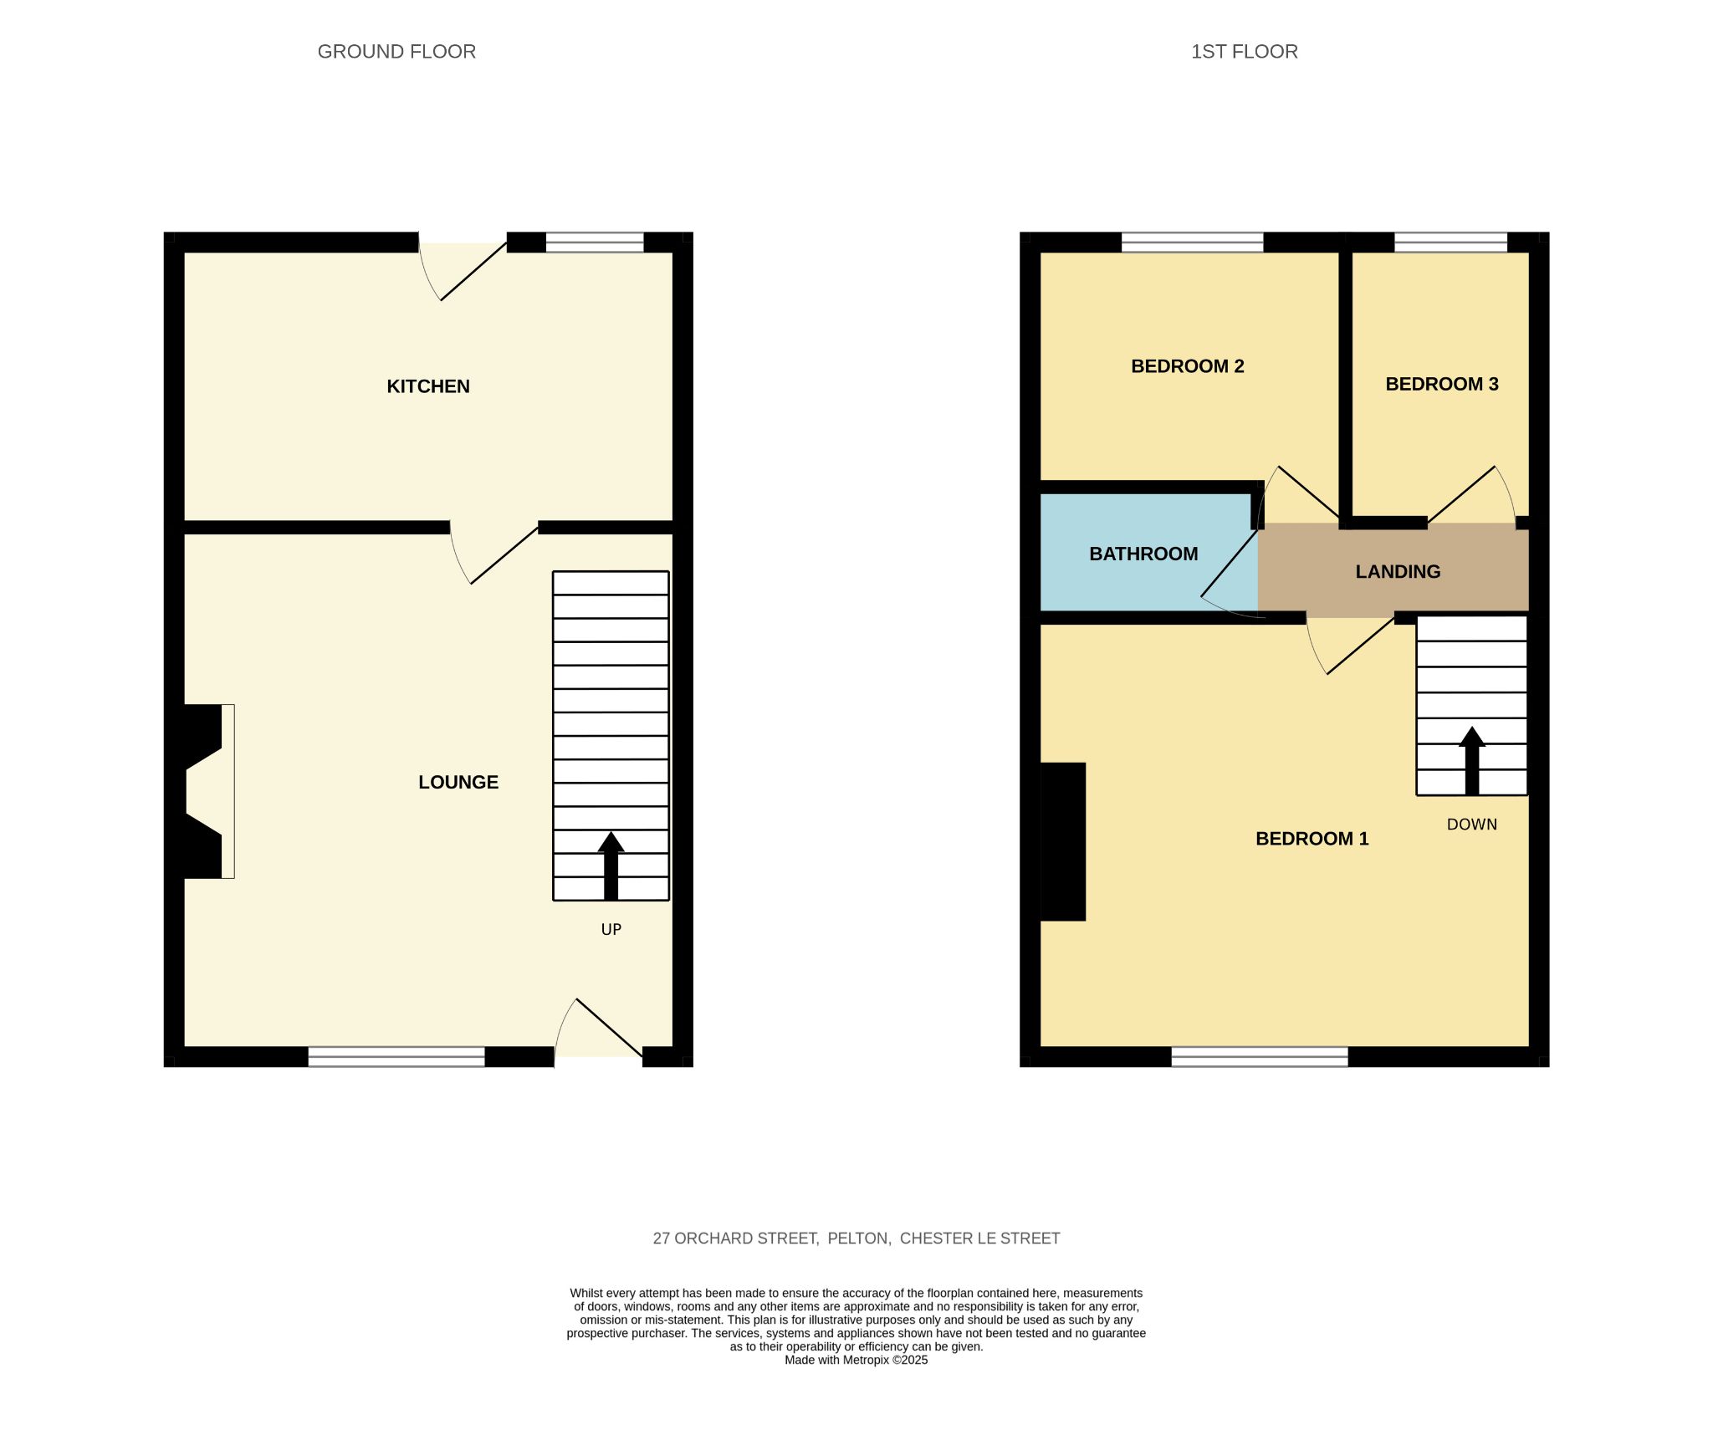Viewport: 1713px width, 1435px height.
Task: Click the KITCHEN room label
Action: coord(428,386)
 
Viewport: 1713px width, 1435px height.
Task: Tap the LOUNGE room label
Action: coord(458,782)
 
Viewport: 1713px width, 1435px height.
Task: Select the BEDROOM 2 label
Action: coord(1187,366)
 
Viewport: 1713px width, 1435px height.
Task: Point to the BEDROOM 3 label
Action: coord(1442,384)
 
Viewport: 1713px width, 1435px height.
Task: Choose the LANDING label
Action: coord(1398,572)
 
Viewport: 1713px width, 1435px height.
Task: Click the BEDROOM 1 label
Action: coord(1312,839)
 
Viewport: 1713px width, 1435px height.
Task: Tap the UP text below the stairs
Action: coord(611,929)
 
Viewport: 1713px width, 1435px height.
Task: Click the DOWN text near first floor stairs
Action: coord(1471,825)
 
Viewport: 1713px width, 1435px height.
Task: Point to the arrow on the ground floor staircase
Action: coord(611,866)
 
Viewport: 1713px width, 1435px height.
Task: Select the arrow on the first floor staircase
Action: coord(1471,760)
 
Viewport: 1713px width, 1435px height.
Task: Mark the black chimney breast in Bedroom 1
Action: coord(1063,841)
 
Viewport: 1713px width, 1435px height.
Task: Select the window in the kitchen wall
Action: coord(595,243)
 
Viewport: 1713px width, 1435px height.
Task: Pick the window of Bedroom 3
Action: coord(1450,243)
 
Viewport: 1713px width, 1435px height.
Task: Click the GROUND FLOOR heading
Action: coord(396,52)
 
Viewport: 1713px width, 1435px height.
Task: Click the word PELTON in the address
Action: coord(859,1238)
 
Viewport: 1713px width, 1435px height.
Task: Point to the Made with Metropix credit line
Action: coord(856,1361)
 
